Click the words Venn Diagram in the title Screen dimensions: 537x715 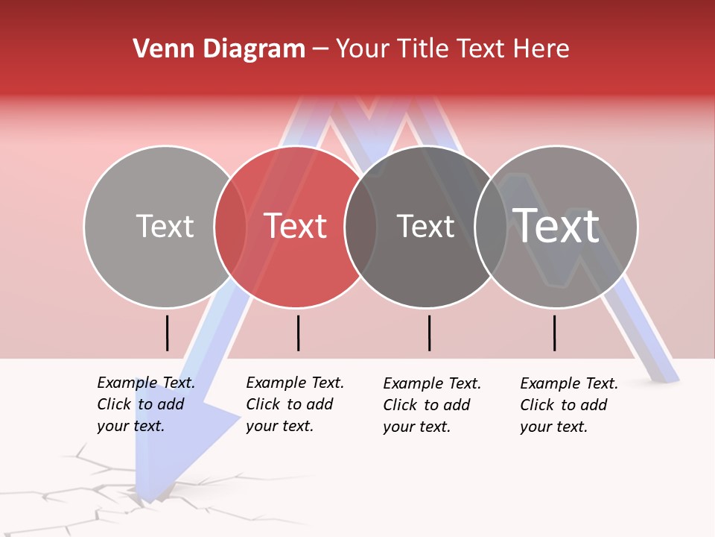point(219,49)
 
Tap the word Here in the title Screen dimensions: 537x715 point(541,49)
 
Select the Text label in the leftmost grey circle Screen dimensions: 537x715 point(165,226)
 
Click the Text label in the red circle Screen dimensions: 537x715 point(296,226)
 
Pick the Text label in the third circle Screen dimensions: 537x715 point(425,226)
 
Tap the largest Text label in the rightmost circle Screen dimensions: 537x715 point(556,226)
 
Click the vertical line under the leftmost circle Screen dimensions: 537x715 point(167,333)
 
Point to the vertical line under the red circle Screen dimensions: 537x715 point(298,333)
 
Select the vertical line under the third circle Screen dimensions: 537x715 point(429,333)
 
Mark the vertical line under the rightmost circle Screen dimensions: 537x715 point(554,333)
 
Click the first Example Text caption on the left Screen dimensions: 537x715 point(145,404)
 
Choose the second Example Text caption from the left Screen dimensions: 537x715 point(294,404)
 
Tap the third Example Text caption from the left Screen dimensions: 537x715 point(431,405)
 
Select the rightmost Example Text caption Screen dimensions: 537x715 point(568,405)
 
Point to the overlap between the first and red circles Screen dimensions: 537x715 point(230,227)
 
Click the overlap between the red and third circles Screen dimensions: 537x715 point(360,227)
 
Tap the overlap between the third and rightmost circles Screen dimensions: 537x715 point(491,227)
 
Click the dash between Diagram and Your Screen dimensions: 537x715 point(320,49)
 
